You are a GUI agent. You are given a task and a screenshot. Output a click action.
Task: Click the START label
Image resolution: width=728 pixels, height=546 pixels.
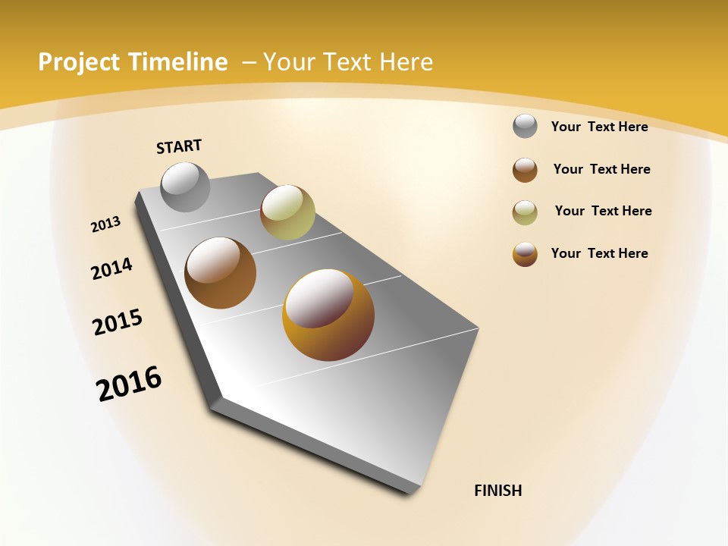point(179,146)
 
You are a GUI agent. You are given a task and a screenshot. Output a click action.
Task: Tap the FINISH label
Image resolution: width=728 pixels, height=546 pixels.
point(497,491)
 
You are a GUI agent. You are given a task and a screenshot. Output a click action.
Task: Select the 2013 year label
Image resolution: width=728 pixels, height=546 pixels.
point(105,224)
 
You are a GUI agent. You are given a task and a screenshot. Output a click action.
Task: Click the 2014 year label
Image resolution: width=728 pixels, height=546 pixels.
point(111,268)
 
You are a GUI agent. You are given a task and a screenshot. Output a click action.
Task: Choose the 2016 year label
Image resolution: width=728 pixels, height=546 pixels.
point(129,384)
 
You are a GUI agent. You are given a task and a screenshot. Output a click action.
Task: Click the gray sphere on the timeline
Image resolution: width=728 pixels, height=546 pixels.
point(186,187)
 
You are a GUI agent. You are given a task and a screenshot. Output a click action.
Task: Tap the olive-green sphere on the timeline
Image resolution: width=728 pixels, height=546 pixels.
point(287,212)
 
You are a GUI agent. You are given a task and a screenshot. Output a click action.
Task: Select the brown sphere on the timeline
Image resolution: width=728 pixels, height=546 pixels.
point(221,273)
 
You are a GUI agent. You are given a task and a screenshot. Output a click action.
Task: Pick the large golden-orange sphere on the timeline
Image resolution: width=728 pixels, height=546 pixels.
point(328,315)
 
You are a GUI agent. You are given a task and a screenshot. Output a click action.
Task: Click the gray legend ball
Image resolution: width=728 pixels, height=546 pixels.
point(525,127)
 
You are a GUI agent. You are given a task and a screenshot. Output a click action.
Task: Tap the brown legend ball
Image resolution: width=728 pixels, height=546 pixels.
point(525,170)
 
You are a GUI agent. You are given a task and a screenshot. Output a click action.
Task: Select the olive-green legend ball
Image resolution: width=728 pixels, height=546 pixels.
point(525,212)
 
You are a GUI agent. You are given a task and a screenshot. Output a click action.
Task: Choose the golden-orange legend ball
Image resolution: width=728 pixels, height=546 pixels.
point(525,254)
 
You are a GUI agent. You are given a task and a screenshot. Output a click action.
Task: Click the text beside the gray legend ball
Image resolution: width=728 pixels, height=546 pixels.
point(599,127)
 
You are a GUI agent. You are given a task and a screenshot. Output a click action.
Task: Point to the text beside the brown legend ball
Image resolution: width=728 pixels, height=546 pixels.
point(601,169)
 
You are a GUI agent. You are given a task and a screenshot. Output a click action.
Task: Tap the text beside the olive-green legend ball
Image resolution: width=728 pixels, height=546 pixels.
point(603,211)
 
